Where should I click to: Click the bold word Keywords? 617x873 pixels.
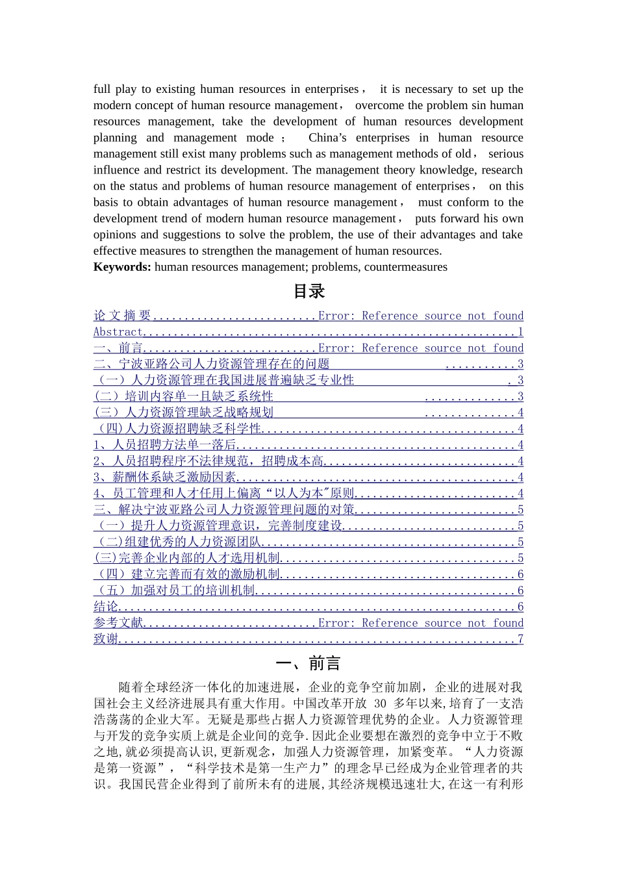pyautogui.click(x=122, y=267)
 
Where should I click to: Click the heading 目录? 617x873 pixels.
pyautogui.click(x=308, y=292)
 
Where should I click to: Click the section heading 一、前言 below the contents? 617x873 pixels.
pyautogui.click(x=308, y=663)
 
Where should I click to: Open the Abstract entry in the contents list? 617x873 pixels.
pyautogui.click(x=118, y=332)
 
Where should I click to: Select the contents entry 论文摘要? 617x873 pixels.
pyautogui.click(x=122, y=316)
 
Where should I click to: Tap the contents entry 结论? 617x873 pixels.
pyautogui.click(x=106, y=607)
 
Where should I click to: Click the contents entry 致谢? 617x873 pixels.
pyautogui.click(x=106, y=639)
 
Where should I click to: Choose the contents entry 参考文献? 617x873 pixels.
pyautogui.click(x=118, y=623)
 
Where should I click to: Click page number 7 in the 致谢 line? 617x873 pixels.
pyautogui.click(x=520, y=639)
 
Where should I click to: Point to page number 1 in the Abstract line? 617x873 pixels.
pyautogui.click(x=520, y=332)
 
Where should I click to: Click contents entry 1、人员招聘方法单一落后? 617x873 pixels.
pyautogui.click(x=164, y=445)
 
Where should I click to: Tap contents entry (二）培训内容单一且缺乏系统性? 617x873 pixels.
pyautogui.click(x=184, y=396)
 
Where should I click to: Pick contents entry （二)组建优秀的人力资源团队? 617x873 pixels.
pyautogui.click(x=179, y=542)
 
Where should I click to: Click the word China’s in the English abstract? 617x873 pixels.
pyautogui.click(x=331, y=138)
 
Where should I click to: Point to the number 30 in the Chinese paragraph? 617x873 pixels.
pyautogui.click(x=381, y=703)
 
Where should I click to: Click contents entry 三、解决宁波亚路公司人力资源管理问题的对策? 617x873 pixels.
pyautogui.click(x=224, y=510)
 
